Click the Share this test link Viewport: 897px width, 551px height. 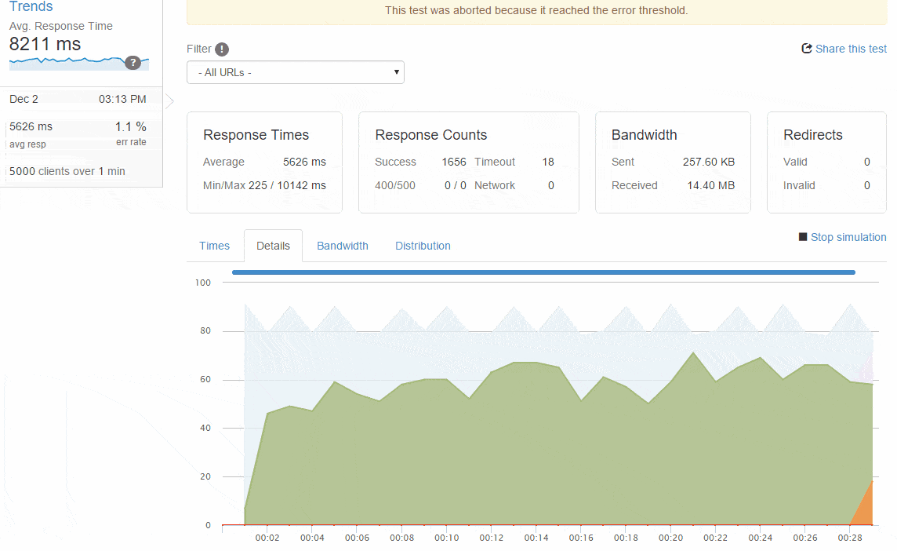[844, 49]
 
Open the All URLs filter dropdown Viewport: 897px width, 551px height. [295, 72]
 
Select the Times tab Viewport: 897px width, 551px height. [215, 246]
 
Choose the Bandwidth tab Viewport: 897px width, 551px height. [343, 246]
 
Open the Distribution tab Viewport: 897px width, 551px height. [423, 246]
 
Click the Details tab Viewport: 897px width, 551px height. [273, 246]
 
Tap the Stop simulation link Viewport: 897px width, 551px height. [843, 237]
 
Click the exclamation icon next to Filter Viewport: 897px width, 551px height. [222, 49]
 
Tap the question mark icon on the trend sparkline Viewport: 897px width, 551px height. [133, 63]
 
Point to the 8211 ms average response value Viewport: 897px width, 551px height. [45, 44]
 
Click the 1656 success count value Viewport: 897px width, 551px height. [454, 162]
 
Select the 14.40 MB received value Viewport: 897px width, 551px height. [710, 185]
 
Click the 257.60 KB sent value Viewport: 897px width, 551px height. [709, 162]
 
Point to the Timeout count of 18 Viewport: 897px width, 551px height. [548, 162]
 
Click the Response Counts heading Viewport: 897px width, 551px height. [430, 135]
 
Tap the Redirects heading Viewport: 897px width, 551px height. [813, 135]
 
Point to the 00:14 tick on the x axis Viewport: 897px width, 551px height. [536, 538]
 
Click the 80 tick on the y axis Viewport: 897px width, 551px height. [205, 330]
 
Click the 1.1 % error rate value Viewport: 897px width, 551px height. [130, 126]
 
